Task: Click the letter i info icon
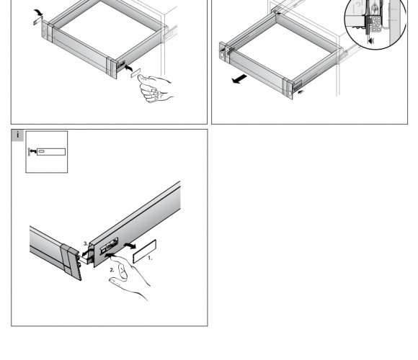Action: pyautogui.click(x=17, y=135)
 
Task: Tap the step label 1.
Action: pyautogui.click(x=150, y=258)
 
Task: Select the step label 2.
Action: pyautogui.click(x=112, y=270)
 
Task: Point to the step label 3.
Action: pyautogui.click(x=86, y=243)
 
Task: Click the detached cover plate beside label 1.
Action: pyautogui.click(x=144, y=251)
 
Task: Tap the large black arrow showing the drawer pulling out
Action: pyautogui.click(x=240, y=78)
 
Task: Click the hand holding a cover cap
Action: pyautogui.click(x=156, y=89)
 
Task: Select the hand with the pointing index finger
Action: pyautogui.click(x=129, y=277)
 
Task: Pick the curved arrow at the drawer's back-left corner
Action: pyautogui.click(x=38, y=12)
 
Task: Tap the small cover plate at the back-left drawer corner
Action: pyautogui.click(x=38, y=20)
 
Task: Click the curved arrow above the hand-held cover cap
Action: pyautogui.click(x=129, y=68)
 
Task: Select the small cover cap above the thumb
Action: pyautogui.click(x=135, y=73)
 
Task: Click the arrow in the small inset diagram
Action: pyautogui.click(x=32, y=151)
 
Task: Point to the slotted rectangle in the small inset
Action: pyautogui.click(x=51, y=152)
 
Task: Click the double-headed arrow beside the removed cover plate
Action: pyautogui.click(x=130, y=246)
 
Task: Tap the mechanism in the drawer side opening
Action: pyautogui.click(x=109, y=246)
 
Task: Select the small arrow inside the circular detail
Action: pyautogui.click(x=371, y=41)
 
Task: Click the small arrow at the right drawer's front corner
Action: pyautogui.click(x=301, y=92)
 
